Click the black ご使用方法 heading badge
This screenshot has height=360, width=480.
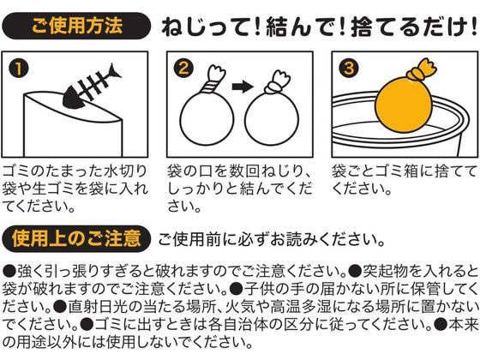coord(76,26)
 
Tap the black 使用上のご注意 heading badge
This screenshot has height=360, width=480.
coord(76,239)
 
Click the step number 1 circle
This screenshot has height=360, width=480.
coord(18,69)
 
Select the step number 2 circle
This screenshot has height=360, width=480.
coord(183,68)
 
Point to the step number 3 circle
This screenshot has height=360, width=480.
coord(349,68)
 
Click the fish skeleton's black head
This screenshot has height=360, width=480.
coord(73,99)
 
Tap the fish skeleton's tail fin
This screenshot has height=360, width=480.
coord(114,71)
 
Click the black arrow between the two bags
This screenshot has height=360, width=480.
coord(243,87)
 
